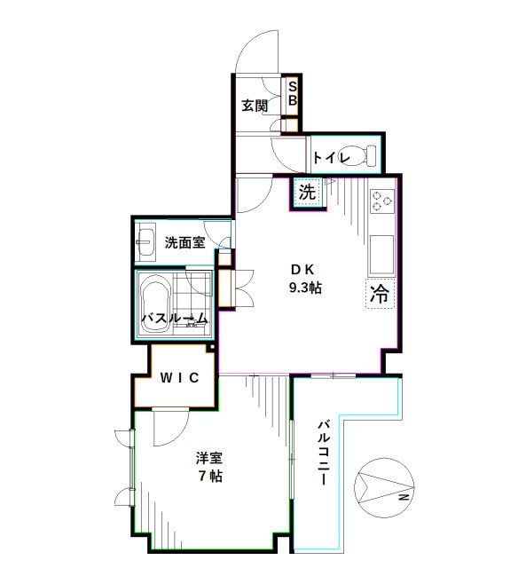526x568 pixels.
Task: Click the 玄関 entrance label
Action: [x=255, y=106]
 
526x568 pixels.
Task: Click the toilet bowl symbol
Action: [x=363, y=155]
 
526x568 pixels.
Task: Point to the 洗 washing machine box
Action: [x=307, y=192]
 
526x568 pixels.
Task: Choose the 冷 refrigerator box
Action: [x=380, y=294]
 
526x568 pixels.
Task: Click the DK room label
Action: [x=304, y=270]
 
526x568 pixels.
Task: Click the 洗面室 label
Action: [x=184, y=241]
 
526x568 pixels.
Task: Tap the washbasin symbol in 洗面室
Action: [x=146, y=240]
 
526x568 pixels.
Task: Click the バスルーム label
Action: [x=176, y=319]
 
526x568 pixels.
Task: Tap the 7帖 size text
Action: [x=210, y=477]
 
